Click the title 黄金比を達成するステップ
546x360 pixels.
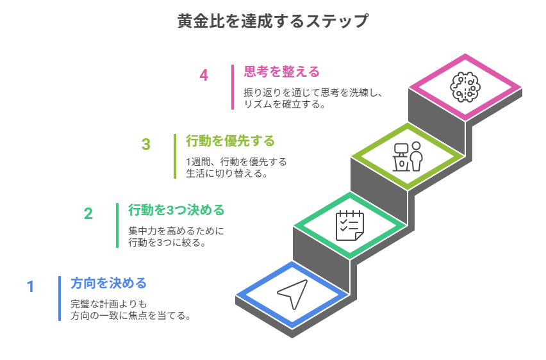tap(272, 21)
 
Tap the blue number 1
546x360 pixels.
tap(30, 286)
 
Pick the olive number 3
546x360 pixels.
tap(146, 144)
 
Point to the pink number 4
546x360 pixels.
tap(204, 75)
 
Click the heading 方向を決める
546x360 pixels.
tap(108, 283)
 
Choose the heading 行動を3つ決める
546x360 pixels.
tap(176, 210)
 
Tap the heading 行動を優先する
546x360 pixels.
tap(229, 140)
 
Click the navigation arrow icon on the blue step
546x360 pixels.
tap(292, 294)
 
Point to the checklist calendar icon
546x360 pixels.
tap(350, 225)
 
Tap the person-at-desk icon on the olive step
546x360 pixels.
tap(408, 156)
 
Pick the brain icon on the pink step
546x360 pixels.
tap(465, 86)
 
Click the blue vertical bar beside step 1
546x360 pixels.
tap(60, 298)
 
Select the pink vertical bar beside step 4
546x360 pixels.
tap(233, 87)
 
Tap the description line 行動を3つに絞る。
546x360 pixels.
tap(166, 243)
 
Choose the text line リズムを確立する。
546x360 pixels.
tap(284, 104)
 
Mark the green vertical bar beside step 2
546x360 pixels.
tap(117, 225)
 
